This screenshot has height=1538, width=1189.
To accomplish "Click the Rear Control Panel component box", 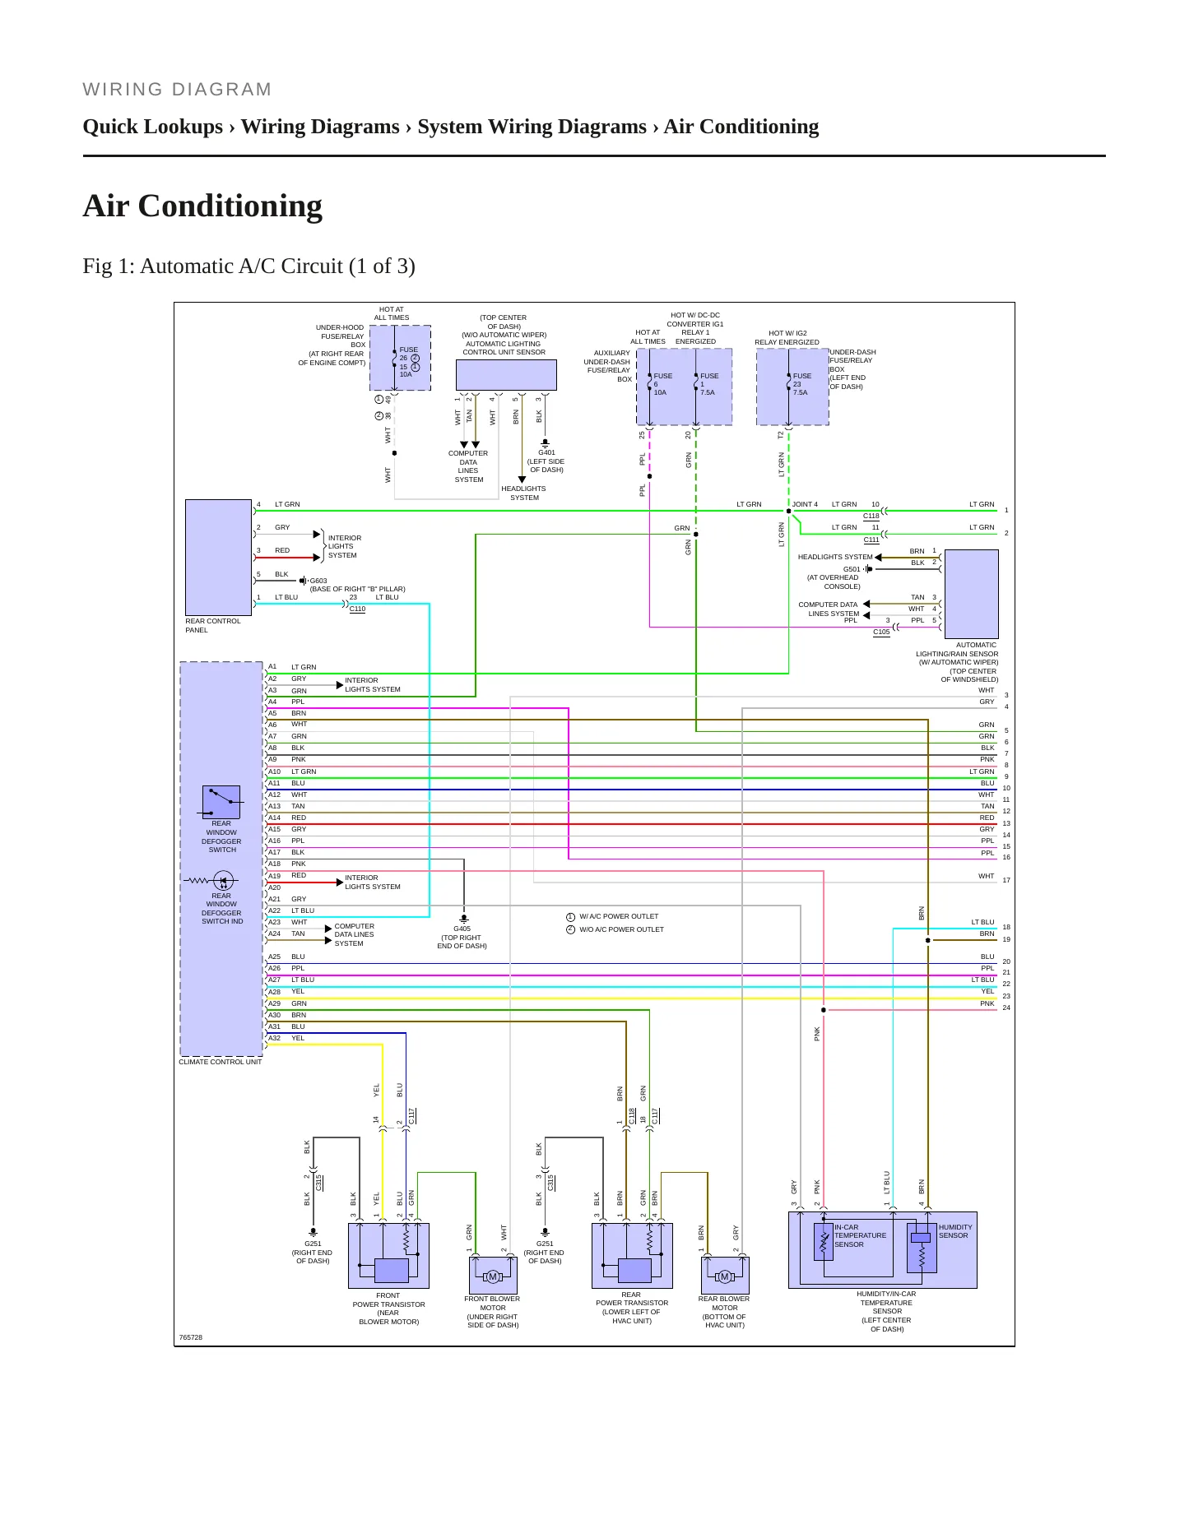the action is tap(218, 557).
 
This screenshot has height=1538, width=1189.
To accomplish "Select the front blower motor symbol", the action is tap(493, 1276).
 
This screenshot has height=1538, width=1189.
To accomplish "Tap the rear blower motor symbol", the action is tap(725, 1276).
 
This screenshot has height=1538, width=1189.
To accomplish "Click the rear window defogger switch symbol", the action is tap(221, 802).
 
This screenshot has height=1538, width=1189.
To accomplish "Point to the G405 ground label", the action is tap(462, 929).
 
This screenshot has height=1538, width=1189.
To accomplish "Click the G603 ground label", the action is tap(318, 581).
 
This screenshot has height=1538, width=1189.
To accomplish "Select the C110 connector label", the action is tap(357, 609).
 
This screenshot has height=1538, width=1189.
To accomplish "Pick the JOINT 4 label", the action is tap(805, 504).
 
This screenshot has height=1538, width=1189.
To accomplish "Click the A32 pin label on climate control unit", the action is tap(274, 1038).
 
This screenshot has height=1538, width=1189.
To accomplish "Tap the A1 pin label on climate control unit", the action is tap(272, 667).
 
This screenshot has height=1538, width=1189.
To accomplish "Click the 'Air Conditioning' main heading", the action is tap(202, 206).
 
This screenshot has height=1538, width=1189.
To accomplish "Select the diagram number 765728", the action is tap(191, 1337).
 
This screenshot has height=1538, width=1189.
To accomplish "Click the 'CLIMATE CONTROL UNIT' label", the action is tap(221, 1062).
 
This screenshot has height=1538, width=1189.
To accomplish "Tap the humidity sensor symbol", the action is tap(922, 1247).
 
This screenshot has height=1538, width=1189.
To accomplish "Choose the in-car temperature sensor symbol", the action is tap(824, 1242).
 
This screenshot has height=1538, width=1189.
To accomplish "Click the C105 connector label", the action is tap(881, 632).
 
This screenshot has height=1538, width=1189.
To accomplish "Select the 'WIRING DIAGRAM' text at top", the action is tap(177, 90).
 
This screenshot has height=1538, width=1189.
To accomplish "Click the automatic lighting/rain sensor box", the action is tap(972, 594).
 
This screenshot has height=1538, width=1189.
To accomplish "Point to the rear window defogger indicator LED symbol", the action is tap(223, 880).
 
